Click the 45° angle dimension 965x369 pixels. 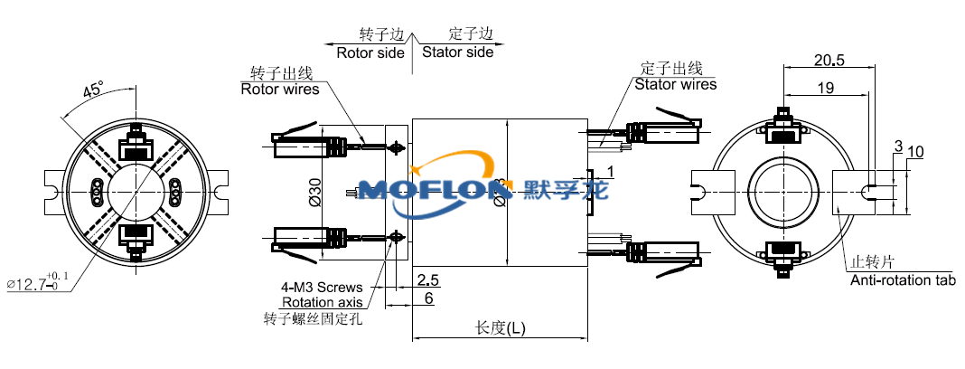(x=93, y=90)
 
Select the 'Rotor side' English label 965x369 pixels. (x=370, y=52)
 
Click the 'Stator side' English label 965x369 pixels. (x=458, y=52)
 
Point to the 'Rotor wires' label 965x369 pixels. (x=280, y=89)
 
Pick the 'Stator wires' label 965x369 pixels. (x=675, y=85)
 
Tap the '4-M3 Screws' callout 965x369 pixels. (x=322, y=288)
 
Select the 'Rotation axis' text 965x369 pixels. (x=323, y=302)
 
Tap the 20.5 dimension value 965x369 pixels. (x=829, y=61)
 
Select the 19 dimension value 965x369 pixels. (x=825, y=88)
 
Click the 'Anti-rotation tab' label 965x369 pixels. (x=903, y=280)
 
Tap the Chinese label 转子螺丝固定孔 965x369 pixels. (x=312, y=318)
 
